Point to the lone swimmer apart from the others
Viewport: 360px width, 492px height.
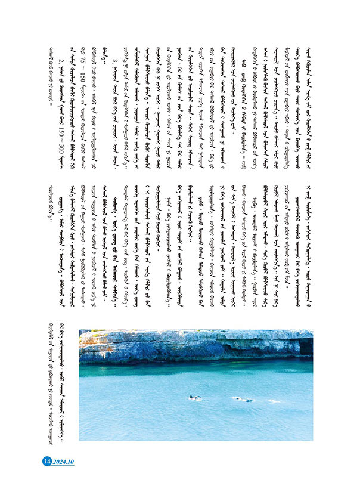pyautogui.click(x=194, y=397)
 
